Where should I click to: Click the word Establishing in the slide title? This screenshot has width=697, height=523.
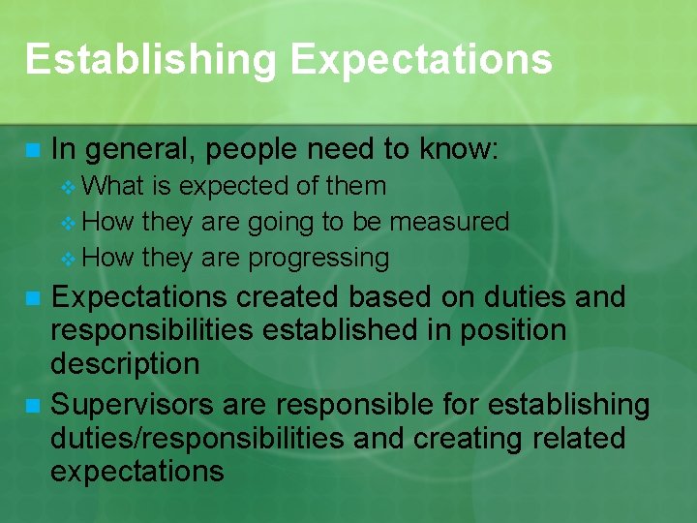point(150,59)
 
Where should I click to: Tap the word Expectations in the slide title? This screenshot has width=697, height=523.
point(421,59)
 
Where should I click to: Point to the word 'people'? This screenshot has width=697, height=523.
point(256,149)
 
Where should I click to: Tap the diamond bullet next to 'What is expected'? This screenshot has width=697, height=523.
point(67,186)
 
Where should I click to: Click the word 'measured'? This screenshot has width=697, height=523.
point(449,221)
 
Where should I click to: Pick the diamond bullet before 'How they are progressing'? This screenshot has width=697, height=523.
point(67,259)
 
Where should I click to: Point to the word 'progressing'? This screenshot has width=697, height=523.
point(318,258)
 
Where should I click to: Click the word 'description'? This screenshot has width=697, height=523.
point(125,364)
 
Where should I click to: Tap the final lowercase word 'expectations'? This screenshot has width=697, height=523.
point(136,472)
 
